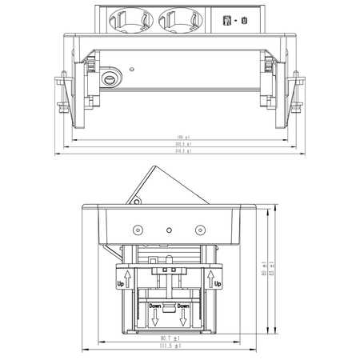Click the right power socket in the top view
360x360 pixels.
[179, 17]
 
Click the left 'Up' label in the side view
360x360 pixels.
[121, 282]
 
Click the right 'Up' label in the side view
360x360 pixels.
[217, 282]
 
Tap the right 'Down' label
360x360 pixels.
[183, 306]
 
